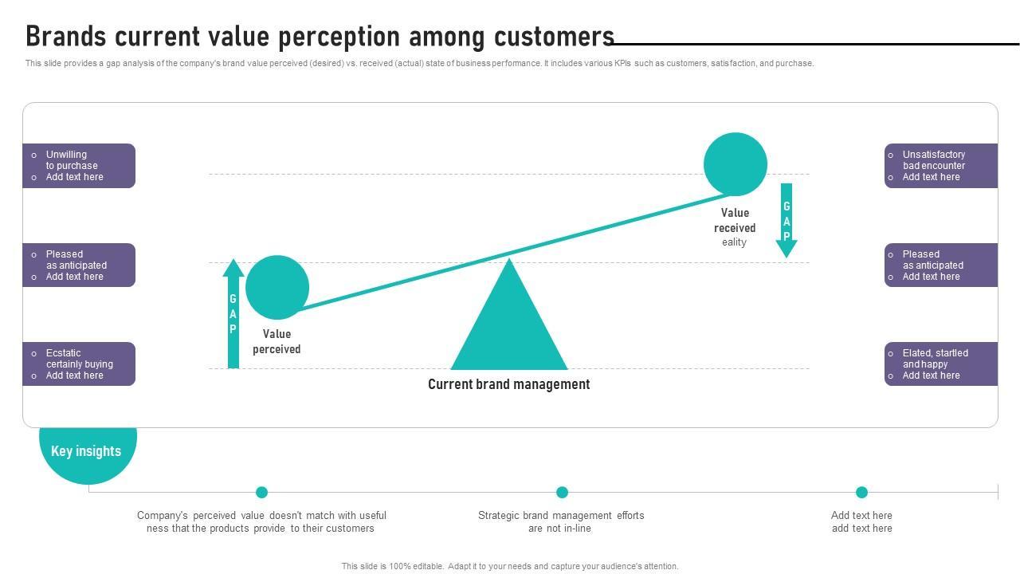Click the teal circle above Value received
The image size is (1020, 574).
(x=735, y=164)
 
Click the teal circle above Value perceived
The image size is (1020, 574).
(x=277, y=287)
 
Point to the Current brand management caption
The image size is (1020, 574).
(x=508, y=384)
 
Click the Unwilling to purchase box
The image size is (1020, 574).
(x=79, y=166)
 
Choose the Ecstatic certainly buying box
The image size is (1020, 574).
(x=79, y=364)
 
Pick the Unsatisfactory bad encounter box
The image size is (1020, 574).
(x=940, y=166)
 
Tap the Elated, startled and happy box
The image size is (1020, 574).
(x=940, y=364)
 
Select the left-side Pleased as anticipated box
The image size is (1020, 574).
(x=79, y=265)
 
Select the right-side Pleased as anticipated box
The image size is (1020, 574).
(x=940, y=265)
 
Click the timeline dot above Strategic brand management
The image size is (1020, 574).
(x=562, y=492)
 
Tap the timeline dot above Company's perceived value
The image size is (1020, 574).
(x=261, y=492)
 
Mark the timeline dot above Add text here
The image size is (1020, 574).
(x=861, y=492)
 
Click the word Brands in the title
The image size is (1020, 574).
(x=66, y=37)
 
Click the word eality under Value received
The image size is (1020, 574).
(x=734, y=242)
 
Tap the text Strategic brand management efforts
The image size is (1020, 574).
(x=561, y=516)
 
